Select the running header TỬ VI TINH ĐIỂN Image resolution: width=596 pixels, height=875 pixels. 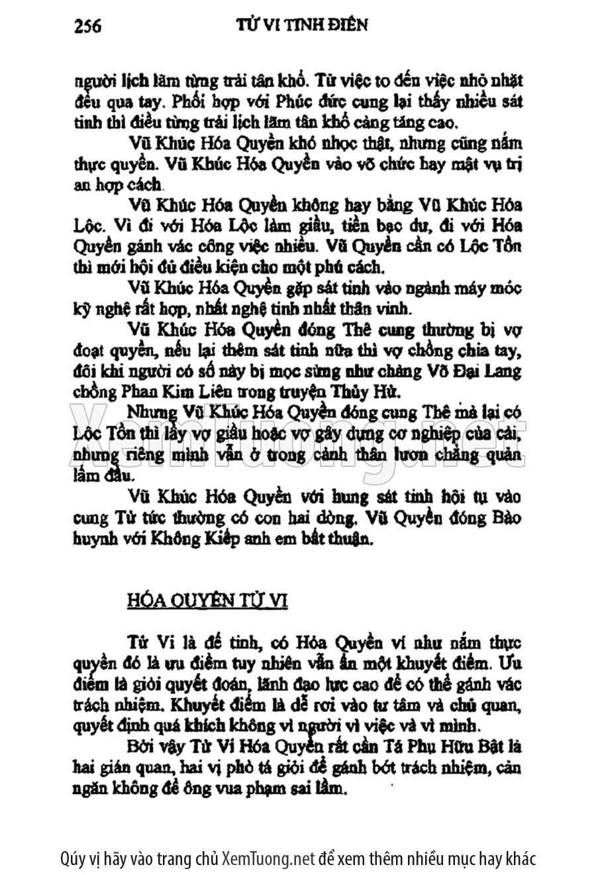[301, 25]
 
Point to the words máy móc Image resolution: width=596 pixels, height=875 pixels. [489, 288]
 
